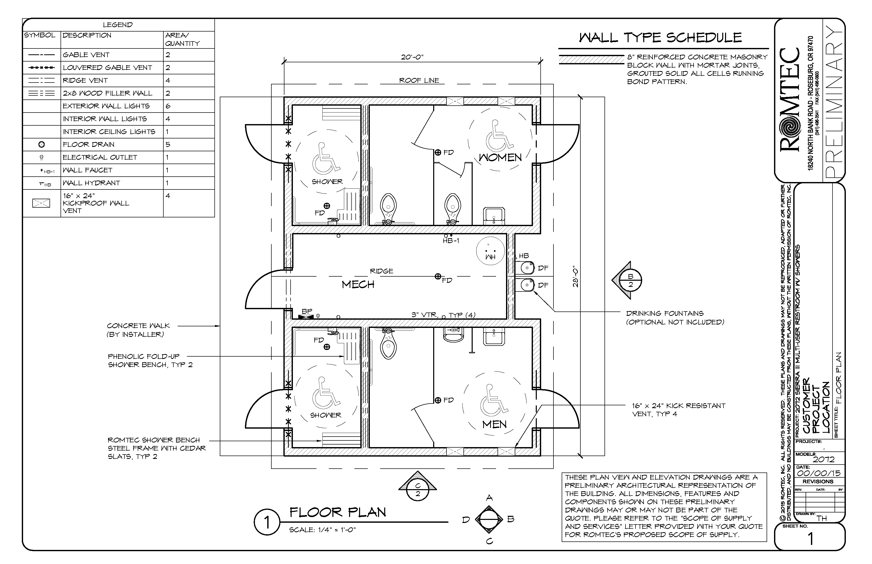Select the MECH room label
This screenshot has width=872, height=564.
(358, 285)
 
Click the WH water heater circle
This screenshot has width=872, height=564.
(490, 251)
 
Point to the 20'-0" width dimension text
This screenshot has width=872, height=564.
(412, 57)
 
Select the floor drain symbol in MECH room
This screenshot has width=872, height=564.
(438, 277)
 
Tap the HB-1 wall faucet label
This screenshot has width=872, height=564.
(451, 241)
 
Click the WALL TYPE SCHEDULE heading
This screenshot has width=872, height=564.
(660, 38)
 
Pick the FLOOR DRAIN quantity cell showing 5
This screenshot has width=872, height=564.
(168, 145)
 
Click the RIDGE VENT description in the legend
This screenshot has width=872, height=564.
(85, 80)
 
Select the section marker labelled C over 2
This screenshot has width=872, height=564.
(418, 490)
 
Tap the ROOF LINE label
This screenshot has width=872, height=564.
(419, 80)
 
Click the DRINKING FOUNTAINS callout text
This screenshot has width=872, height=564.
(664, 314)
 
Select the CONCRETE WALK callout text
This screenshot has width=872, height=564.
(138, 326)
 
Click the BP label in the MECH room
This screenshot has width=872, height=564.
(307, 311)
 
